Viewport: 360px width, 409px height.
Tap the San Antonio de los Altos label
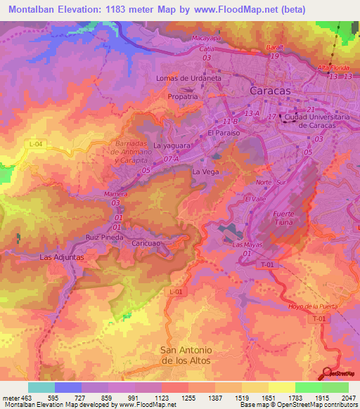(x=186, y=355)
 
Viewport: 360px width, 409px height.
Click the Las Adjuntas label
(x=62, y=257)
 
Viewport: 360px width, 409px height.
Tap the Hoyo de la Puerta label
(x=314, y=306)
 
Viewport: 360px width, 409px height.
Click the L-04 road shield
(x=37, y=143)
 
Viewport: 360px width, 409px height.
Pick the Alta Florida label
(x=333, y=67)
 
